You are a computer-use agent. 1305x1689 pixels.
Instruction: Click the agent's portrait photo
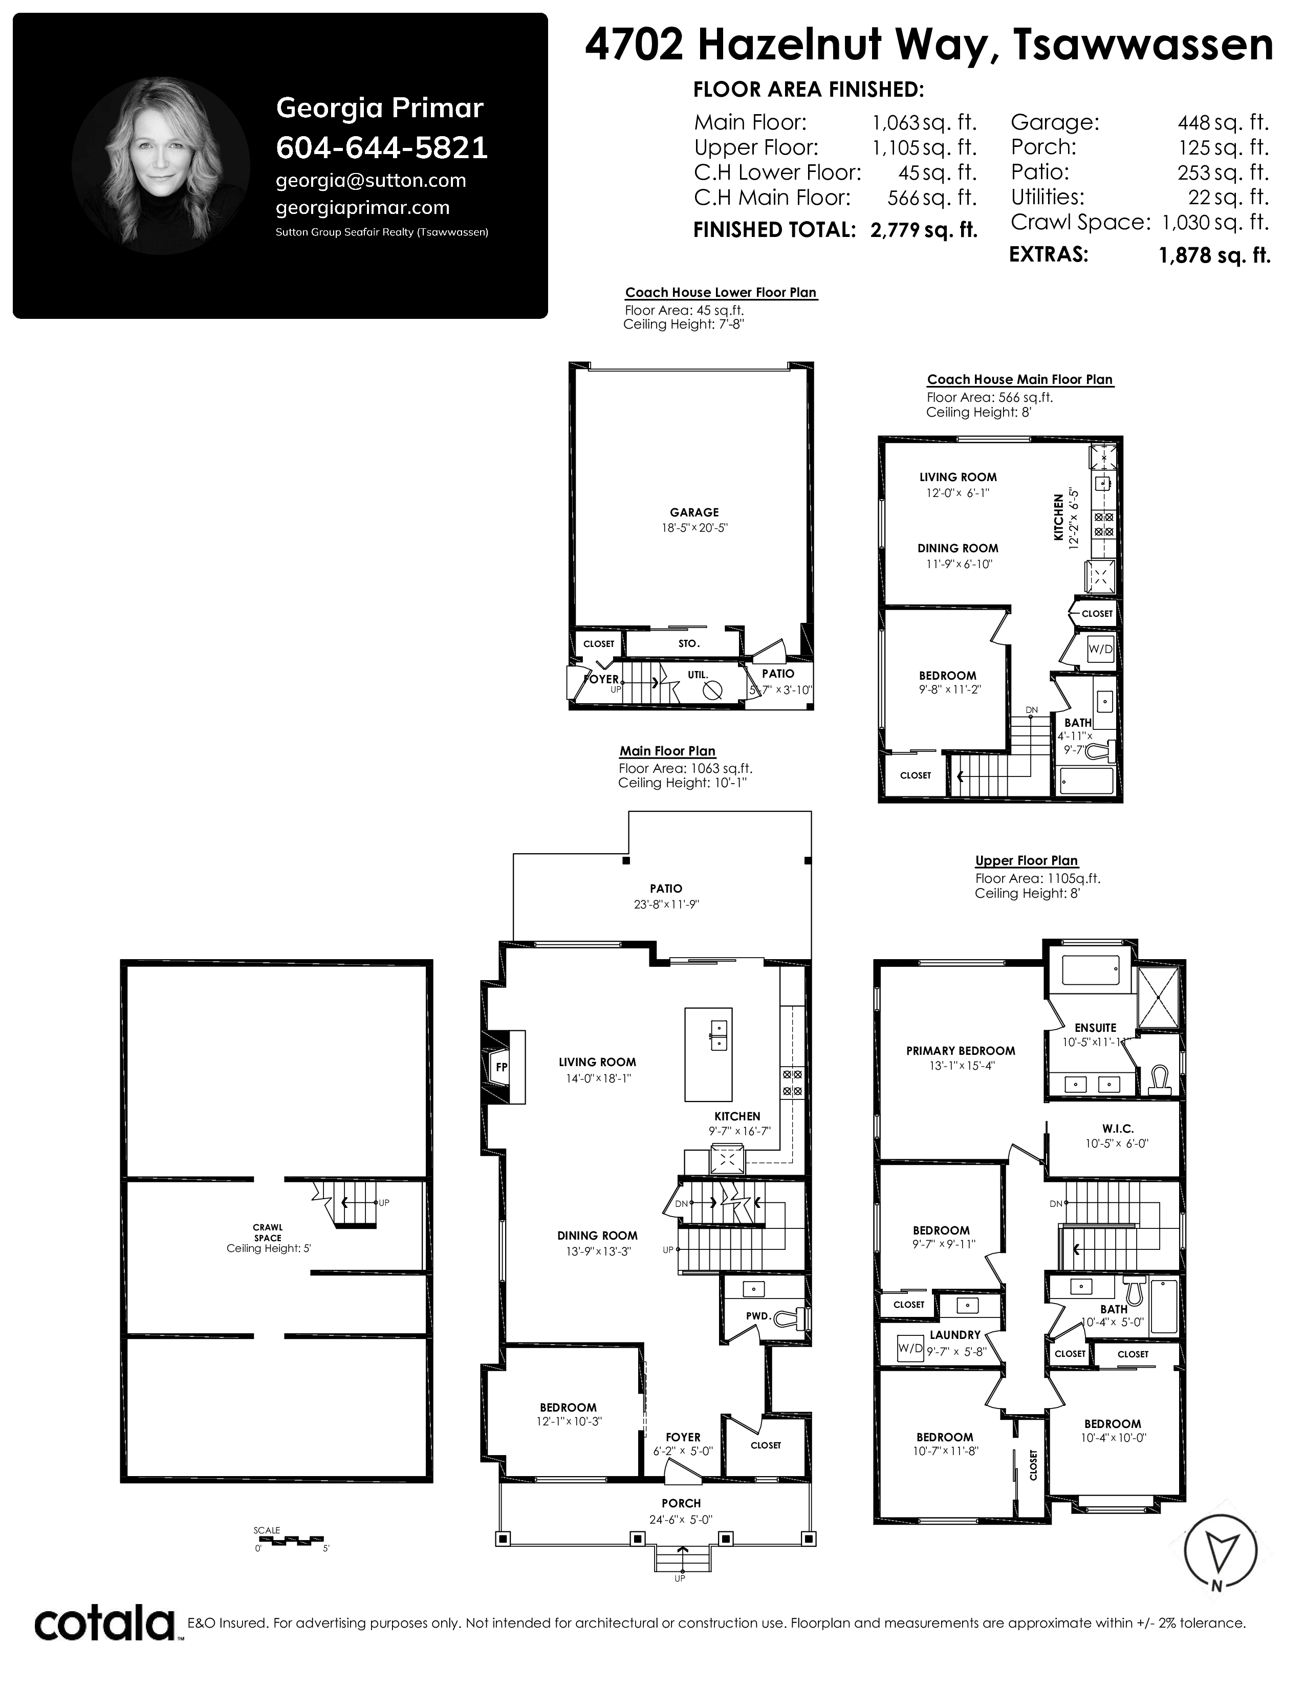click(x=161, y=165)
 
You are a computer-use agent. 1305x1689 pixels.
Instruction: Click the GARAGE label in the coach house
click(x=694, y=512)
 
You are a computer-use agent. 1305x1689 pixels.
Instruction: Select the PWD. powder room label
click(x=758, y=1315)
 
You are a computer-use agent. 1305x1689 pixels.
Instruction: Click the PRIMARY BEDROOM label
click(x=960, y=1051)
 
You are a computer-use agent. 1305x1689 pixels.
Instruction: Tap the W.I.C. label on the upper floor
click(x=1117, y=1129)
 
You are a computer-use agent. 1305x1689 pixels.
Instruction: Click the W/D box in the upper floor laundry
click(x=910, y=1349)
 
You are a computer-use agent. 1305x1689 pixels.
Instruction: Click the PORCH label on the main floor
click(x=681, y=1503)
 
